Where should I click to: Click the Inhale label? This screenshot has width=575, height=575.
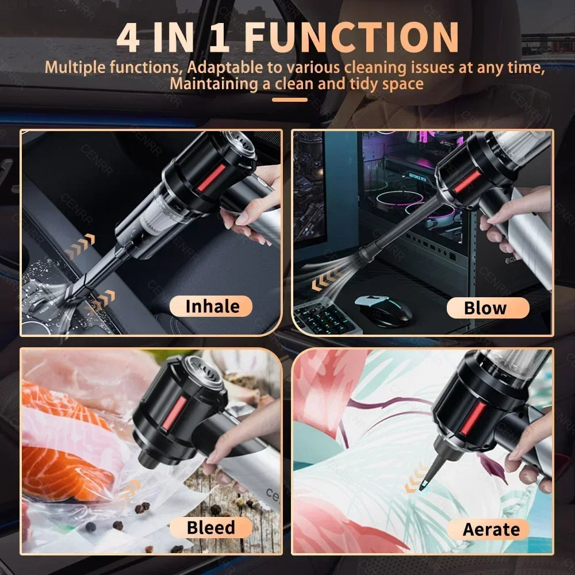pos(212,306)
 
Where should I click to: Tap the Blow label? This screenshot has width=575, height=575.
pos(485,308)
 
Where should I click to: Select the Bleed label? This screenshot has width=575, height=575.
pos(210,527)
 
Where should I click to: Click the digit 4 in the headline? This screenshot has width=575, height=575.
pos(131,37)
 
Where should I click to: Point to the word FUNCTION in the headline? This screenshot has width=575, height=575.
pos(352,37)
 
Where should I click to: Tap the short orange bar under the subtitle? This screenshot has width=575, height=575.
pos(290,99)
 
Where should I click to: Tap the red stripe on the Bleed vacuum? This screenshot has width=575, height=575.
pos(176,411)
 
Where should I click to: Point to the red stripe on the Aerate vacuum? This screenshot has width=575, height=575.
pos(474,417)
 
